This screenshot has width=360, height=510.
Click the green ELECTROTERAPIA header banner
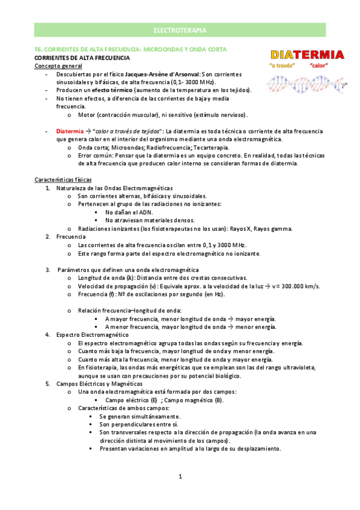point(180,29)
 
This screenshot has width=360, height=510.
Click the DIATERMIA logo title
point(307,55)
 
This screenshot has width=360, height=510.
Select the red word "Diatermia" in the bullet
point(70,131)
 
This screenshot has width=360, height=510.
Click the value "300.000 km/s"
point(299,286)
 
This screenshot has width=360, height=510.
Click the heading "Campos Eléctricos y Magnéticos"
point(99,383)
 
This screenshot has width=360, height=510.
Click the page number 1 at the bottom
point(180,476)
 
